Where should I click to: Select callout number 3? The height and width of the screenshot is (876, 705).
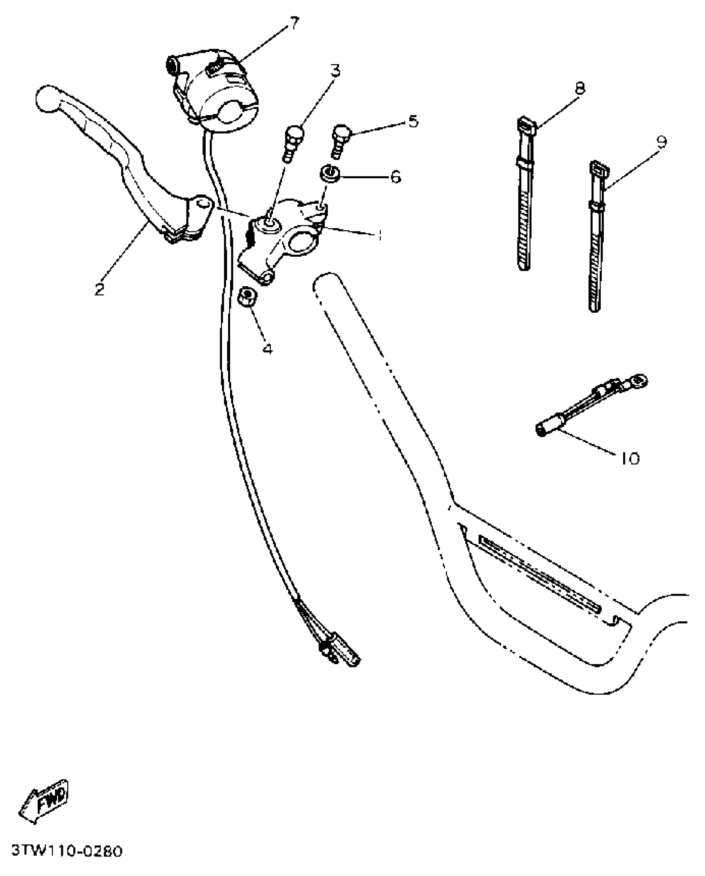coord(335,71)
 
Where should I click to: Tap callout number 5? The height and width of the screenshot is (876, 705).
coord(413,121)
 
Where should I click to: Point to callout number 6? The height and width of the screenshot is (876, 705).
coord(395,177)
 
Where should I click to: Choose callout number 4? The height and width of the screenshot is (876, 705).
coord(268,348)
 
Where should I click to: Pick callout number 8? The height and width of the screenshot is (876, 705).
coord(579,88)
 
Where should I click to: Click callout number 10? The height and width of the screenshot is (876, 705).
coord(630,458)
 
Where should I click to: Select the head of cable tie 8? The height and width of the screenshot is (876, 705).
coord(526,124)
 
